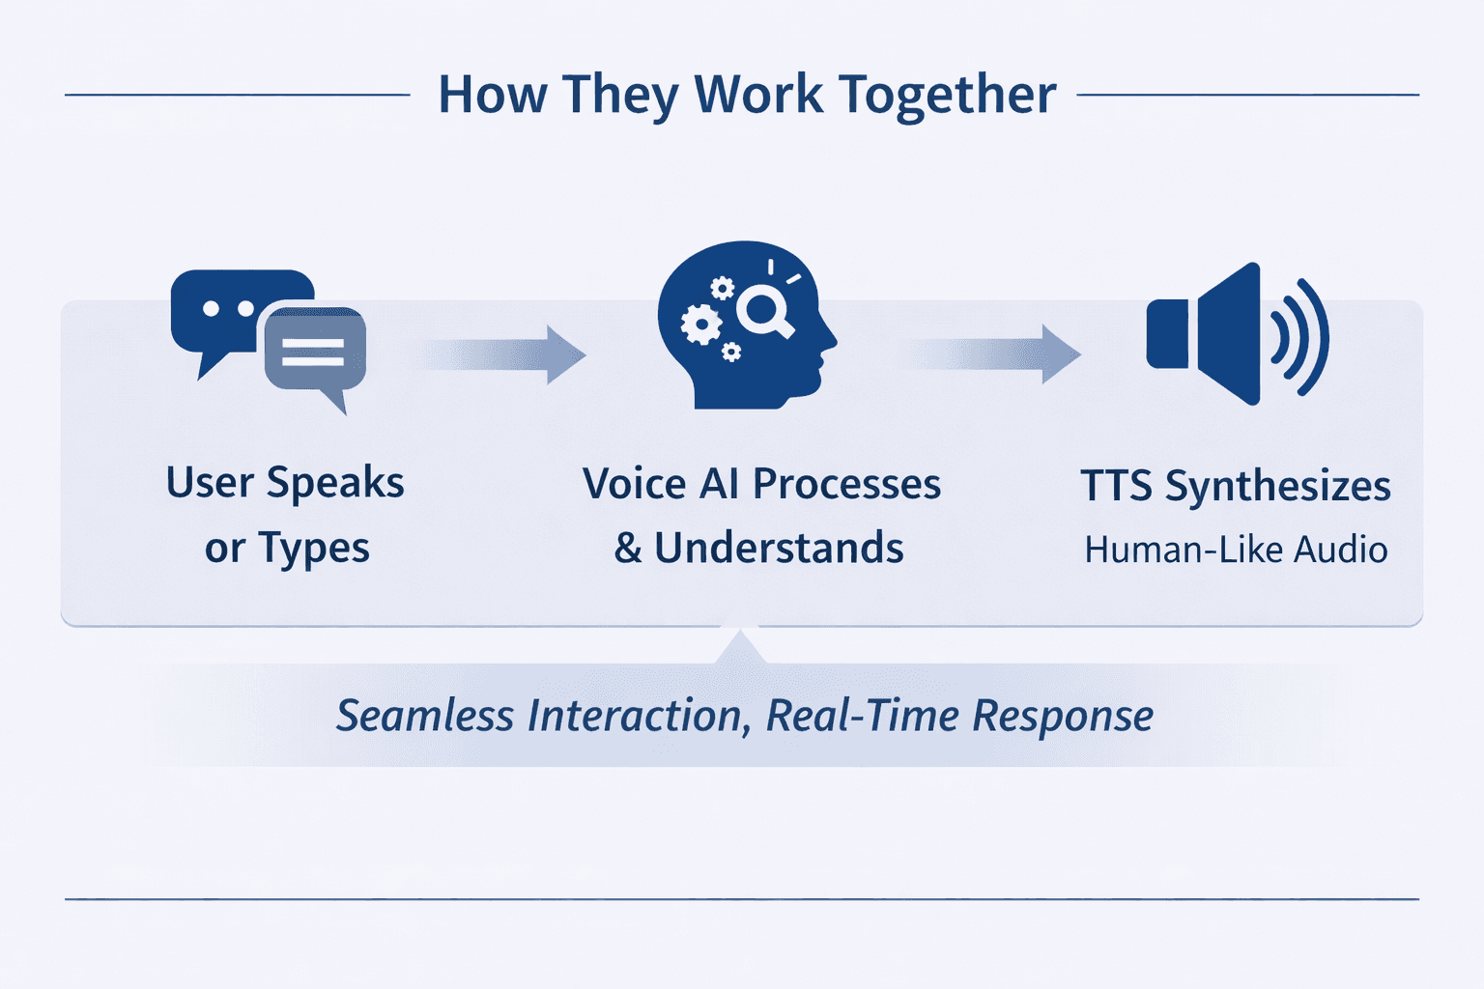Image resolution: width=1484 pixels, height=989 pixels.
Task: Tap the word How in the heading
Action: pos(492,95)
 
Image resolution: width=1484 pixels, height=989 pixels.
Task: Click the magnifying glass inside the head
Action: pos(763,311)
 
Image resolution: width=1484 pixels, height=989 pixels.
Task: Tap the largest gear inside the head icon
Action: pos(700,324)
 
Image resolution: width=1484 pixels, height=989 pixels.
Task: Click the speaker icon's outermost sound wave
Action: pos(1314,337)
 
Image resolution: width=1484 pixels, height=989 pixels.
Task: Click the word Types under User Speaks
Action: pos(314,549)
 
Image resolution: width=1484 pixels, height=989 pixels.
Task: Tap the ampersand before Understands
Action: pos(628,548)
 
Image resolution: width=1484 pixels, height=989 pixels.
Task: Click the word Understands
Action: pos(779,548)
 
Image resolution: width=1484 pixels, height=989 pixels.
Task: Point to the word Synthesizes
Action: pos(1277,486)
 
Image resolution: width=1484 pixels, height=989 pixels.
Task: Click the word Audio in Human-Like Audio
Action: pos(1340,550)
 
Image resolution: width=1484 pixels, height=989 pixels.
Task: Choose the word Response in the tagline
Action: pos(1062,716)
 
